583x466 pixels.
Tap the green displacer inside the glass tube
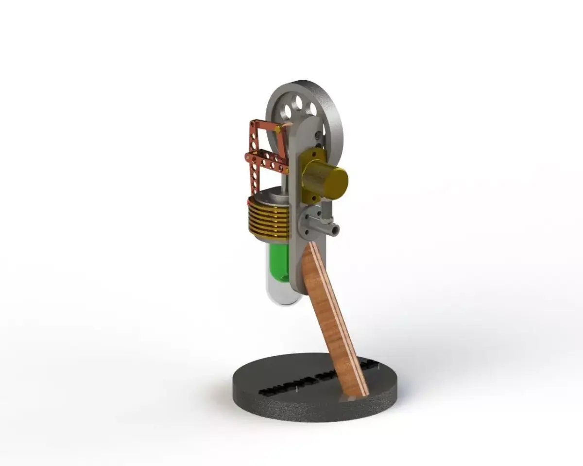(x=278, y=262)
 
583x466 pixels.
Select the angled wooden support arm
(x=335, y=316)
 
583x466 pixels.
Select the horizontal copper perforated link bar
(x=267, y=161)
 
